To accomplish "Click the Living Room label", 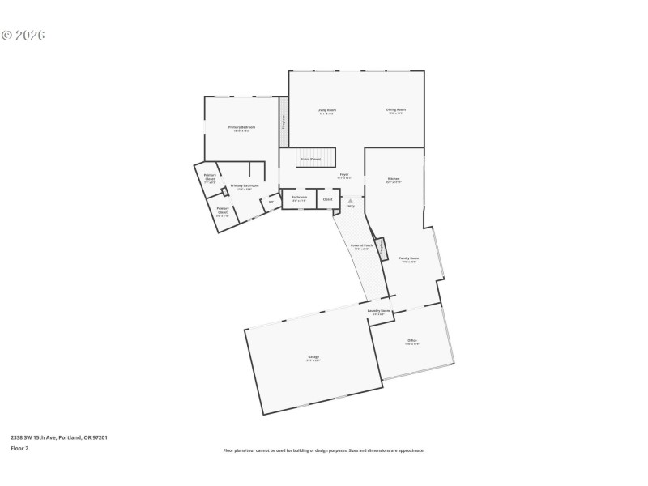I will pos(326,109).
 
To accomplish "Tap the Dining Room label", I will pos(396,109).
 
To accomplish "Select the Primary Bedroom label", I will pos(241,127).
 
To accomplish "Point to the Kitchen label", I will pos(394,178).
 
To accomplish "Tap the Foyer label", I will pos(343,174).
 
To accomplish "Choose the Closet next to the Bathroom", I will pos(327,198).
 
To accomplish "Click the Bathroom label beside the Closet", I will pos(299,197).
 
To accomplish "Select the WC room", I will pos(271,202).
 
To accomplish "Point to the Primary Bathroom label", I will pos(245,186).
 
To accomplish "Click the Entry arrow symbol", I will pos(351,200).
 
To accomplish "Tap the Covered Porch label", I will pos(361,245).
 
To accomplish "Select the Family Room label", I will pos(408,258).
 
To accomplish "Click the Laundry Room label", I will pos(379,311).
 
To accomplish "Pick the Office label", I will pos(412,342).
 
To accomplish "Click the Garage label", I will pos(313,357).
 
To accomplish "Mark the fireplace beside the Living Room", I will pos(283,122).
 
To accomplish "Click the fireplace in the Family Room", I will pos(382,249).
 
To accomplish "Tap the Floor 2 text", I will pos(19,448).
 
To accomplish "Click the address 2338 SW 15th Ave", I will pos(58,437).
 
